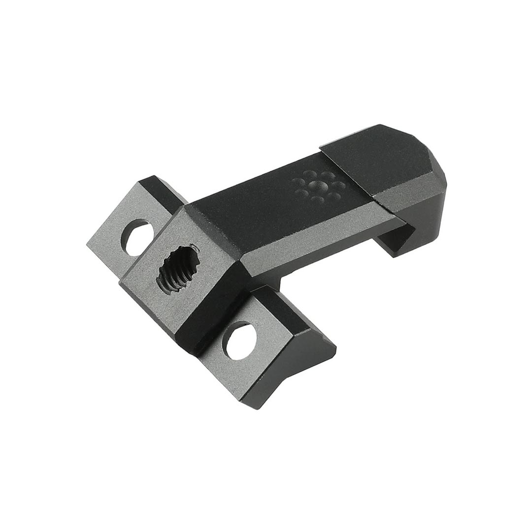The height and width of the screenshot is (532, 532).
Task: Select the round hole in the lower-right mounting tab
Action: (x=238, y=339)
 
